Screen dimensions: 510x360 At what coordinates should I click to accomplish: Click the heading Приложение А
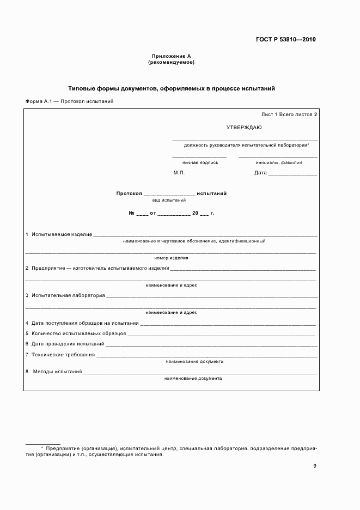pyautogui.click(x=171, y=56)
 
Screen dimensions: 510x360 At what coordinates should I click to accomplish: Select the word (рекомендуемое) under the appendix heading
pyautogui.click(x=171, y=62)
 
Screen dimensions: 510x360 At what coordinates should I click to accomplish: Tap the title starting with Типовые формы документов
pyautogui.click(x=172, y=88)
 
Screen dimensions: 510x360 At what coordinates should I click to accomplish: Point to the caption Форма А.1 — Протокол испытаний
pyautogui.click(x=69, y=101)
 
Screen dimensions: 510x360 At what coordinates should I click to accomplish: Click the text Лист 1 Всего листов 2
pyautogui.click(x=289, y=114)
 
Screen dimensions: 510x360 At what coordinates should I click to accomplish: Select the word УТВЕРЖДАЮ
pyautogui.click(x=244, y=127)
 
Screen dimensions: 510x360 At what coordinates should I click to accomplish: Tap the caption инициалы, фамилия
pyautogui.click(x=279, y=162)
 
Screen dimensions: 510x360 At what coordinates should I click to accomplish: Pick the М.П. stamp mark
pyautogui.click(x=179, y=173)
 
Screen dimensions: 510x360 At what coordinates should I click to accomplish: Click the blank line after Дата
pyautogui.click(x=292, y=174)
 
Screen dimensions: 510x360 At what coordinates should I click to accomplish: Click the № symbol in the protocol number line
pyautogui.click(x=131, y=213)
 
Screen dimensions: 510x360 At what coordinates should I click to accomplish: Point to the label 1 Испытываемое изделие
pyautogui.click(x=59, y=234)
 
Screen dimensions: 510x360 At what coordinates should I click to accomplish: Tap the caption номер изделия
pyautogui.click(x=171, y=258)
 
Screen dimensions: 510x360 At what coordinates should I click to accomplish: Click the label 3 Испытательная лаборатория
pyautogui.click(x=65, y=296)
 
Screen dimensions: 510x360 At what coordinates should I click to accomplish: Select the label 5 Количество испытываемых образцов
pyautogui.click(x=76, y=333)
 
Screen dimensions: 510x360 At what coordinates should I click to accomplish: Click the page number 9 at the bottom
pyautogui.click(x=315, y=465)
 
